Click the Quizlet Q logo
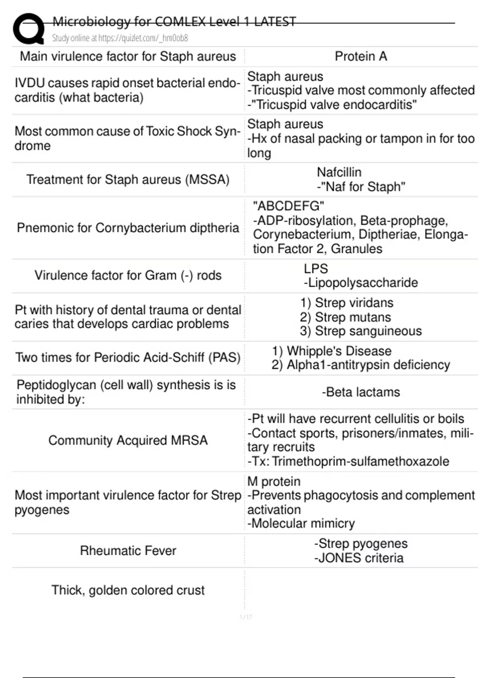click(x=28, y=29)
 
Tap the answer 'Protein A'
click(x=360, y=57)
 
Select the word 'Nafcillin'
click(x=339, y=172)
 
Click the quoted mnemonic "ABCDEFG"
click(x=288, y=206)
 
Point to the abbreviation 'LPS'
click(x=315, y=269)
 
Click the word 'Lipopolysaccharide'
click(x=363, y=283)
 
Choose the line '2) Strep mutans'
click(x=345, y=317)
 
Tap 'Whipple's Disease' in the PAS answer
click(x=339, y=351)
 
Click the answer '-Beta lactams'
click(x=360, y=392)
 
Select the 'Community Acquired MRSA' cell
click(x=128, y=440)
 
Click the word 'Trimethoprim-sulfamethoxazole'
click(x=360, y=461)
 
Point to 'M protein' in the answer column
click(x=274, y=481)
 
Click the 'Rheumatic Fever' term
click(x=128, y=551)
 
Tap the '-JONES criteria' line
click(x=358, y=558)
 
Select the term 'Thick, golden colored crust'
click(x=128, y=590)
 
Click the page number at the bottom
click(x=246, y=617)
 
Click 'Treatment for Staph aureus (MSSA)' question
click(x=128, y=179)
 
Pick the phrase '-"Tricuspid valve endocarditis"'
click(x=332, y=105)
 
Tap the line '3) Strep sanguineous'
click(x=360, y=331)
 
